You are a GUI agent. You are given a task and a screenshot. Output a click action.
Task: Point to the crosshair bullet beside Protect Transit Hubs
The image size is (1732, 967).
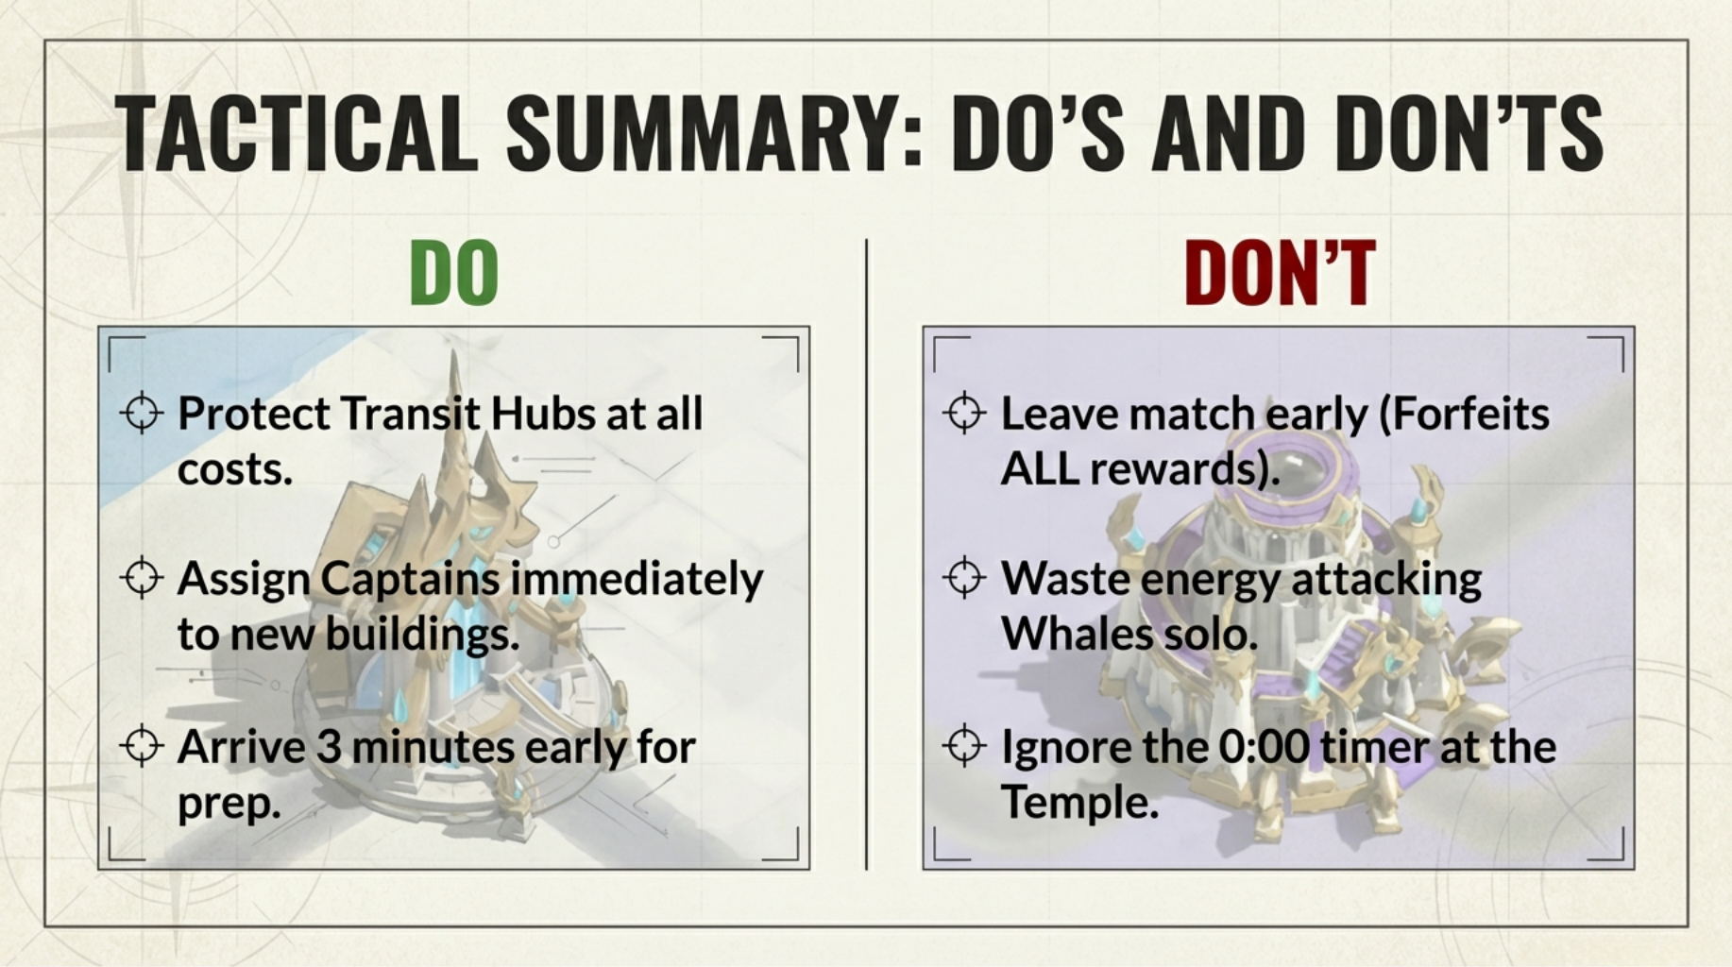[142, 413]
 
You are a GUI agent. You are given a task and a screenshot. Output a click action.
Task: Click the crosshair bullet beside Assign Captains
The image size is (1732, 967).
[142, 577]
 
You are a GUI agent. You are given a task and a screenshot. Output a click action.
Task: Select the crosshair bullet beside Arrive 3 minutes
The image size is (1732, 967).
[142, 745]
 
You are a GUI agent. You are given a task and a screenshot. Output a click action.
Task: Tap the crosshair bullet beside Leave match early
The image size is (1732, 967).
[964, 413]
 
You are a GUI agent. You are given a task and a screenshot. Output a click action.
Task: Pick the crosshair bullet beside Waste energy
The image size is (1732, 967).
[964, 577]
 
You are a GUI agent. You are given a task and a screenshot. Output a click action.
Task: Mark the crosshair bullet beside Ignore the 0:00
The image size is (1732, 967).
[964, 745]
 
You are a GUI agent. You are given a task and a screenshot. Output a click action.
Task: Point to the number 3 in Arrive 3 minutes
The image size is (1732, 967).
[329, 747]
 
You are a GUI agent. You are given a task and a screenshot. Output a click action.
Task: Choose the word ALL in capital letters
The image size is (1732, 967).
[1040, 468]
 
